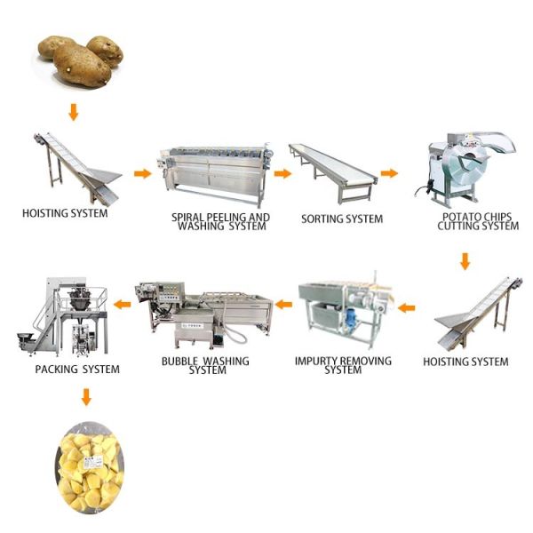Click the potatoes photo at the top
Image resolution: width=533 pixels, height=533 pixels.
tap(80, 60)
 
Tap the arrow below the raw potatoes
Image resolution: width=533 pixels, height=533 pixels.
tap(74, 112)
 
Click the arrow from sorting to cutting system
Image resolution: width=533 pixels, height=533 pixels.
tap(388, 173)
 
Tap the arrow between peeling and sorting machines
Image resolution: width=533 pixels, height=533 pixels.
tap(282, 173)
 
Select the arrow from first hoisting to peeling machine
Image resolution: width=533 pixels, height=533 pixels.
tap(141, 173)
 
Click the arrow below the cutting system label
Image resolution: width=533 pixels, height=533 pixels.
tap(464, 261)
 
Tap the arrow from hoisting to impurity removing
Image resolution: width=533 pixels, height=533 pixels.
tap(406, 308)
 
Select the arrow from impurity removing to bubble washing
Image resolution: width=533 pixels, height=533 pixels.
tap(283, 305)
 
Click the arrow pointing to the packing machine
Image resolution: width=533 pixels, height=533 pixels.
tap(121, 305)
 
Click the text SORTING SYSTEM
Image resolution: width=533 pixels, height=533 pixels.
tap(342, 219)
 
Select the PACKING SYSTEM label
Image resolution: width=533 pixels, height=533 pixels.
tap(76, 369)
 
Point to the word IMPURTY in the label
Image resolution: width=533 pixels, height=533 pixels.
tap(314, 362)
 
